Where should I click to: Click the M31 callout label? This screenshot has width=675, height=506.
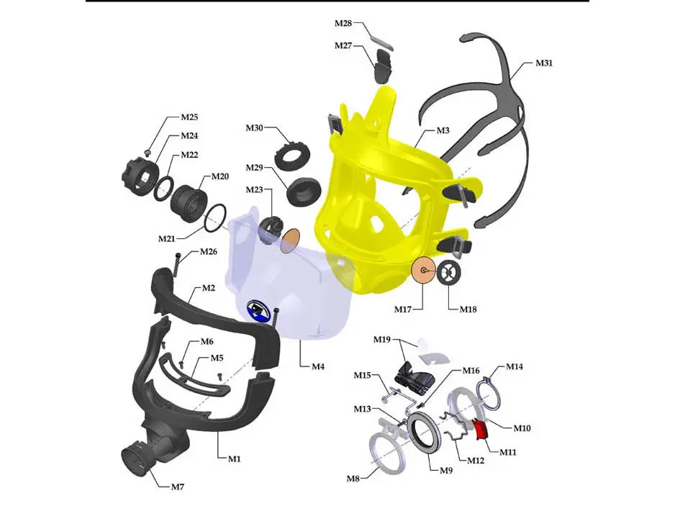click(x=543, y=63)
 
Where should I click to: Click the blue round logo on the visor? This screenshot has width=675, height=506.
click(x=256, y=311)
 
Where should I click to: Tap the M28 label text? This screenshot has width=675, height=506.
click(x=343, y=24)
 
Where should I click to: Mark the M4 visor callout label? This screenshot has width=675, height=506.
click(x=318, y=366)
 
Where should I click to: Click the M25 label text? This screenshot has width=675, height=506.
click(x=189, y=117)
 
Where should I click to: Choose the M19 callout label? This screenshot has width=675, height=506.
click(x=381, y=339)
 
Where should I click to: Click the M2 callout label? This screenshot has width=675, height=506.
click(x=209, y=288)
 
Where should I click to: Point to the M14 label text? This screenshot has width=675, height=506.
click(x=514, y=366)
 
